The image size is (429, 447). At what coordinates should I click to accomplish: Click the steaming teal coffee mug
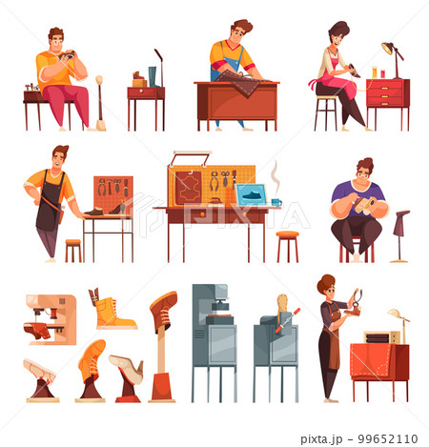pyautogui.click(x=276, y=202)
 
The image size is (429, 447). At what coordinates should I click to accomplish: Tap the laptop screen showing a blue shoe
pyautogui.click(x=252, y=194)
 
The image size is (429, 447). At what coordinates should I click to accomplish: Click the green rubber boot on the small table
pyautogui.click(x=153, y=76)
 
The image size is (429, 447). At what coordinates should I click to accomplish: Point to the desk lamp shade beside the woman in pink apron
pyautogui.click(x=387, y=48)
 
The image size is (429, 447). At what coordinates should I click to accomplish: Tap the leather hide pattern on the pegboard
pyautogui.click(x=189, y=188)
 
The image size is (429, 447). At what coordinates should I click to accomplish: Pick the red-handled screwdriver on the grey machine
pyautogui.click(x=288, y=320)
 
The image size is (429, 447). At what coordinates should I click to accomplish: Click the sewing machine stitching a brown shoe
pyautogui.click(x=51, y=319)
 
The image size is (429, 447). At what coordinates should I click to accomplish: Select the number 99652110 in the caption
pyautogui.click(x=388, y=438)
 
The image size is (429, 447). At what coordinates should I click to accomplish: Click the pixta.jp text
pyautogui.click(x=321, y=439)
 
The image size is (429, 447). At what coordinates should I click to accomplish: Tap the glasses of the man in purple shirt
pyautogui.click(x=364, y=174)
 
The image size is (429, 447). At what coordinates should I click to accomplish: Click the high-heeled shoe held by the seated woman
pyautogui.click(x=355, y=71)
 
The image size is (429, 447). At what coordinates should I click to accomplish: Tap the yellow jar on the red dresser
pyautogui.click(x=375, y=72)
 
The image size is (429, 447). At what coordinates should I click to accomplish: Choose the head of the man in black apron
pyautogui.click(x=60, y=158)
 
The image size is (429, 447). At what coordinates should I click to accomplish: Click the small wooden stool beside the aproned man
pyautogui.click(x=73, y=251)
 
